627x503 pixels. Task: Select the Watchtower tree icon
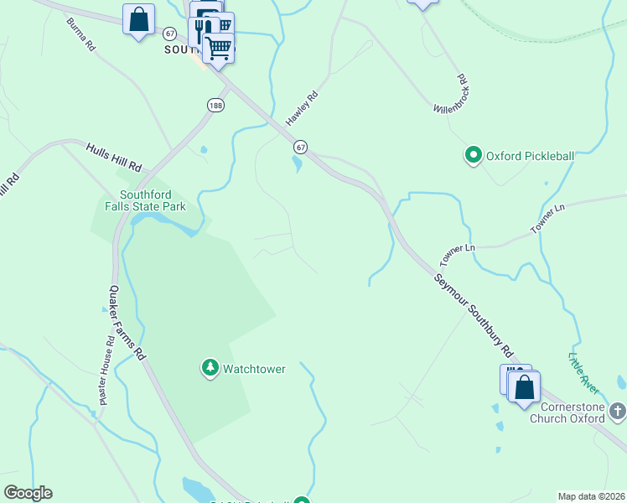click(x=209, y=368)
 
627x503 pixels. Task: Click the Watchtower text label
click(x=254, y=368)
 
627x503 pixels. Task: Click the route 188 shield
click(x=216, y=105)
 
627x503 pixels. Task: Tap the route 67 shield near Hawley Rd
click(x=300, y=147)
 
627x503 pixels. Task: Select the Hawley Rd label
click(x=303, y=109)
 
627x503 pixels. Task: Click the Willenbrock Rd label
click(x=449, y=94)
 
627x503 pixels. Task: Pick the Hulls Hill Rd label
click(x=114, y=157)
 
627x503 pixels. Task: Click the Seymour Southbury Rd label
click(x=474, y=314)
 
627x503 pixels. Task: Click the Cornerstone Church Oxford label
click(x=567, y=412)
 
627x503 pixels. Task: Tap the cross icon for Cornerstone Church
click(x=617, y=411)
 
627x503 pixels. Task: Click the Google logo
click(x=28, y=493)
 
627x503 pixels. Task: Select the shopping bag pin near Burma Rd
click(x=138, y=19)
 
